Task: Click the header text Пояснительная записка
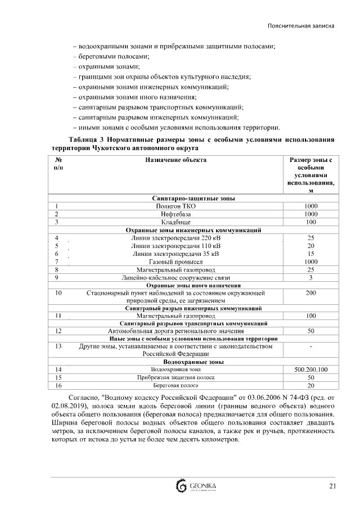click(x=301, y=26)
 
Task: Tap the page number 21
click(x=332, y=486)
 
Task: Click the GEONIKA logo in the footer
click(x=196, y=486)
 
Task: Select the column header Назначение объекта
click(x=175, y=160)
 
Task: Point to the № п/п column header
click(x=58, y=164)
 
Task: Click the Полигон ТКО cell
click(x=175, y=206)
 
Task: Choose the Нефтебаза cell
click(x=175, y=214)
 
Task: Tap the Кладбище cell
click(x=175, y=222)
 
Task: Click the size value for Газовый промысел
click(x=310, y=262)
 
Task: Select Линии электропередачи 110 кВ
click(x=175, y=246)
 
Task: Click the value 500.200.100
click(x=310, y=370)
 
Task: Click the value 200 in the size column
click(x=310, y=293)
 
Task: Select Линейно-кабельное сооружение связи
click(x=175, y=277)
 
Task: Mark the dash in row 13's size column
click(x=310, y=346)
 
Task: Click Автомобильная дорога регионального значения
click(x=175, y=331)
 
